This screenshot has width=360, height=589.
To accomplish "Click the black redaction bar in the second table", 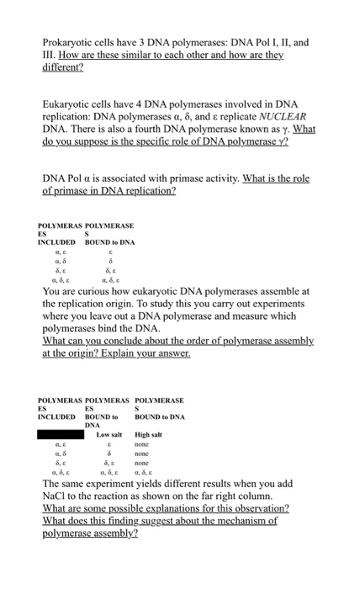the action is [x=61, y=434].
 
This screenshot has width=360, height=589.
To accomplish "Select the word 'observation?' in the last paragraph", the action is [x=251, y=509].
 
